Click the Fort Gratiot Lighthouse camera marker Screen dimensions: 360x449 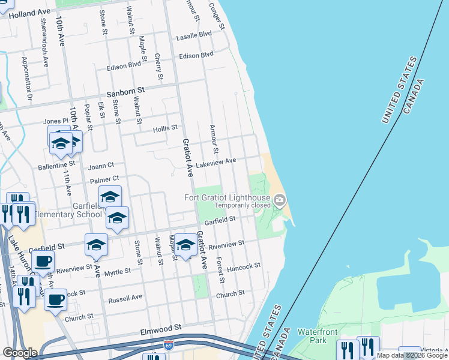pyautogui.click(x=280, y=200)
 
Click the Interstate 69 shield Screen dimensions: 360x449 pyautogui.click(x=169, y=345)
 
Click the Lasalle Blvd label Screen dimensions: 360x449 pyautogui.click(x=194, y=36)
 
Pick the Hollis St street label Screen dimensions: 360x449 pyautogui.click(x=165, y=128)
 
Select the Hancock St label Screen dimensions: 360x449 pyautogui.click(x=244, y=265)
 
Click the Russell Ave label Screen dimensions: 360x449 pyautogui.click(x=125, y=298)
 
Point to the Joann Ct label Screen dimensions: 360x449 pyautogui.click(x=101, y=166)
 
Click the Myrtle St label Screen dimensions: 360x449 pyautogui.click(x=117, y=272)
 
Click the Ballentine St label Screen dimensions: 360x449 pyautogui.click(x=56, y=163)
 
